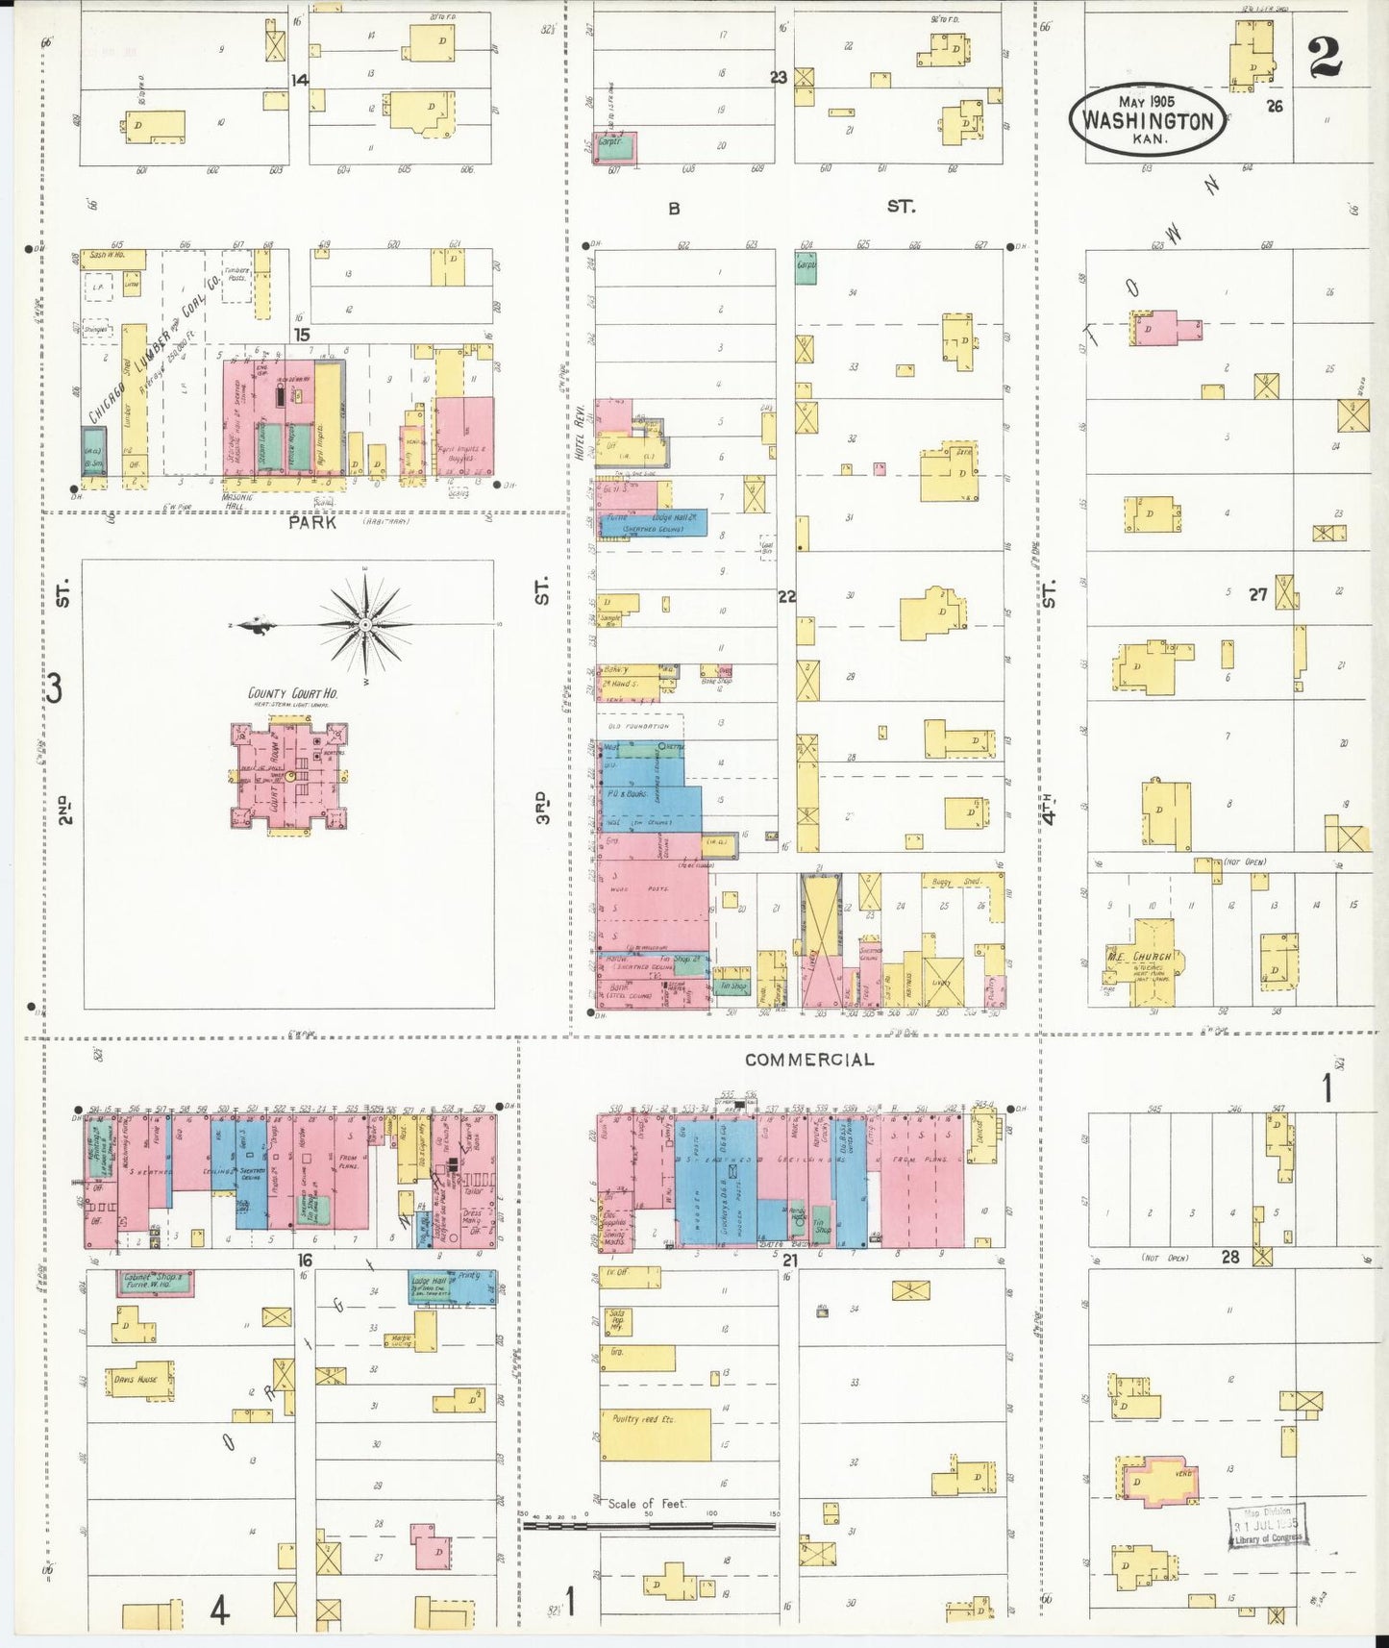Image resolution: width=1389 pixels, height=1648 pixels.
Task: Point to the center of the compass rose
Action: coord(365,625)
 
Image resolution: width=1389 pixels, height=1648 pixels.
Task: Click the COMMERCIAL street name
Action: coord(809,1060)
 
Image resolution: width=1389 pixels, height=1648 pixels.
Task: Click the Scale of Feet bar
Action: coord(649,1524)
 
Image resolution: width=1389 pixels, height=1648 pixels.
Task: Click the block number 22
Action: coord(786,596)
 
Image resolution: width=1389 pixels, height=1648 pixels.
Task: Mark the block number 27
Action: coord(1257,594)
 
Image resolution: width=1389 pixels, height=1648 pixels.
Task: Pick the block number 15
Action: coord(302,335)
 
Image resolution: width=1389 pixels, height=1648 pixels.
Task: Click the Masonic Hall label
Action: coord(236,500)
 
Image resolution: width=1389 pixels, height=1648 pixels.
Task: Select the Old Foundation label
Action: coord(637,726)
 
